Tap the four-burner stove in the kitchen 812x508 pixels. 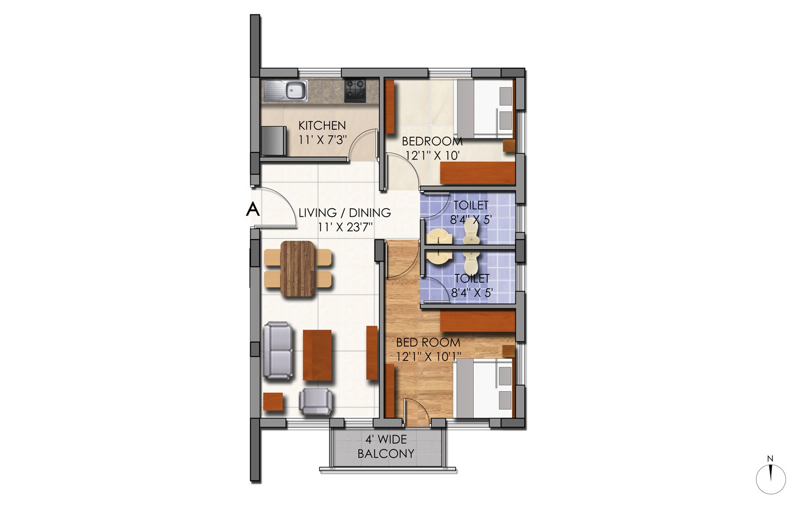click(x=355, y=90)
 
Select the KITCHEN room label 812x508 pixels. click(x=321, y=125)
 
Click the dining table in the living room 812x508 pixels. click(x=298, y=269)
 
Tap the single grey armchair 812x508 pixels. click(x=316, y=402)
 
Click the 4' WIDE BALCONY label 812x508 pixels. click(x=386, y=446)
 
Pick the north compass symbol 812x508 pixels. click(x=770, y=479)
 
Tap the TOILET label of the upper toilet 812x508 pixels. click(x=471, y=205)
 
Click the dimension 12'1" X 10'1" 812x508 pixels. click(x=429, y=356)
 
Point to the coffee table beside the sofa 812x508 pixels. click(x=317, y=354)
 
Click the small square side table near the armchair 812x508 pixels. click(x=273, y=402)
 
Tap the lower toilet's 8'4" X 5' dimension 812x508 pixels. click(x=472, y=293)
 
